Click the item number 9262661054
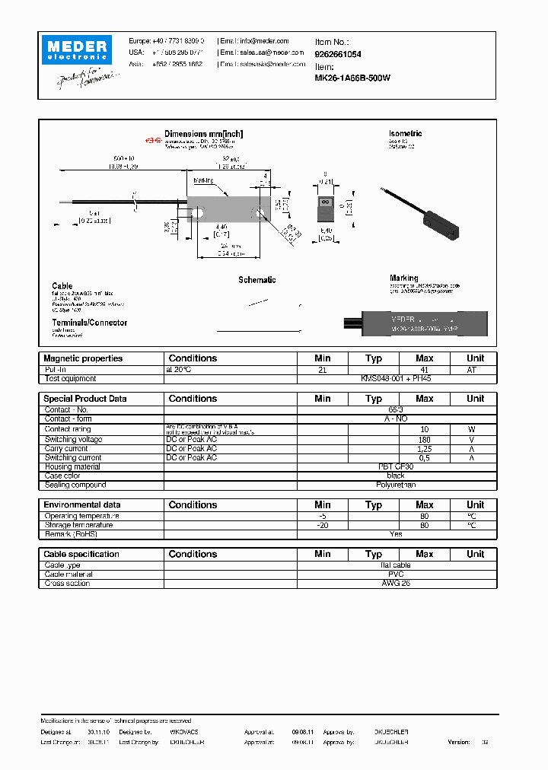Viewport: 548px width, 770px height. tap(337, 55)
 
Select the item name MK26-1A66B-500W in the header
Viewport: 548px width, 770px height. tap(352, 78)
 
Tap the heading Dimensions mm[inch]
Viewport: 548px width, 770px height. tap(203, 134)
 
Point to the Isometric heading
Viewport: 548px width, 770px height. tap(405, 134)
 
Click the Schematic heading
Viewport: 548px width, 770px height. tap(256, 280)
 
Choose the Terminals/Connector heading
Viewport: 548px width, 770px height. tap(89, 323)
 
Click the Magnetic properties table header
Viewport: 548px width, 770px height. tap(83, 358)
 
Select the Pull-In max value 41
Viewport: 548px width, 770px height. tap(424, 369)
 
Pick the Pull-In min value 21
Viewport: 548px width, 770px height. tap(322, 369)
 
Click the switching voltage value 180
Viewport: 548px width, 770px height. tap(424, 439)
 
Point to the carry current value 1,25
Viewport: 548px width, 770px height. tap(424, 449)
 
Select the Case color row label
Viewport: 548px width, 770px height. tap(63, 476)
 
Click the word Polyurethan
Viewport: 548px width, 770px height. tap(396, 485)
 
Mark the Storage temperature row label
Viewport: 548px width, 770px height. tap(78, 525)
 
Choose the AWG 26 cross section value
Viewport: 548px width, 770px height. tap(396, 584)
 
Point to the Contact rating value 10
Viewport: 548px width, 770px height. tap(424, 429)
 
